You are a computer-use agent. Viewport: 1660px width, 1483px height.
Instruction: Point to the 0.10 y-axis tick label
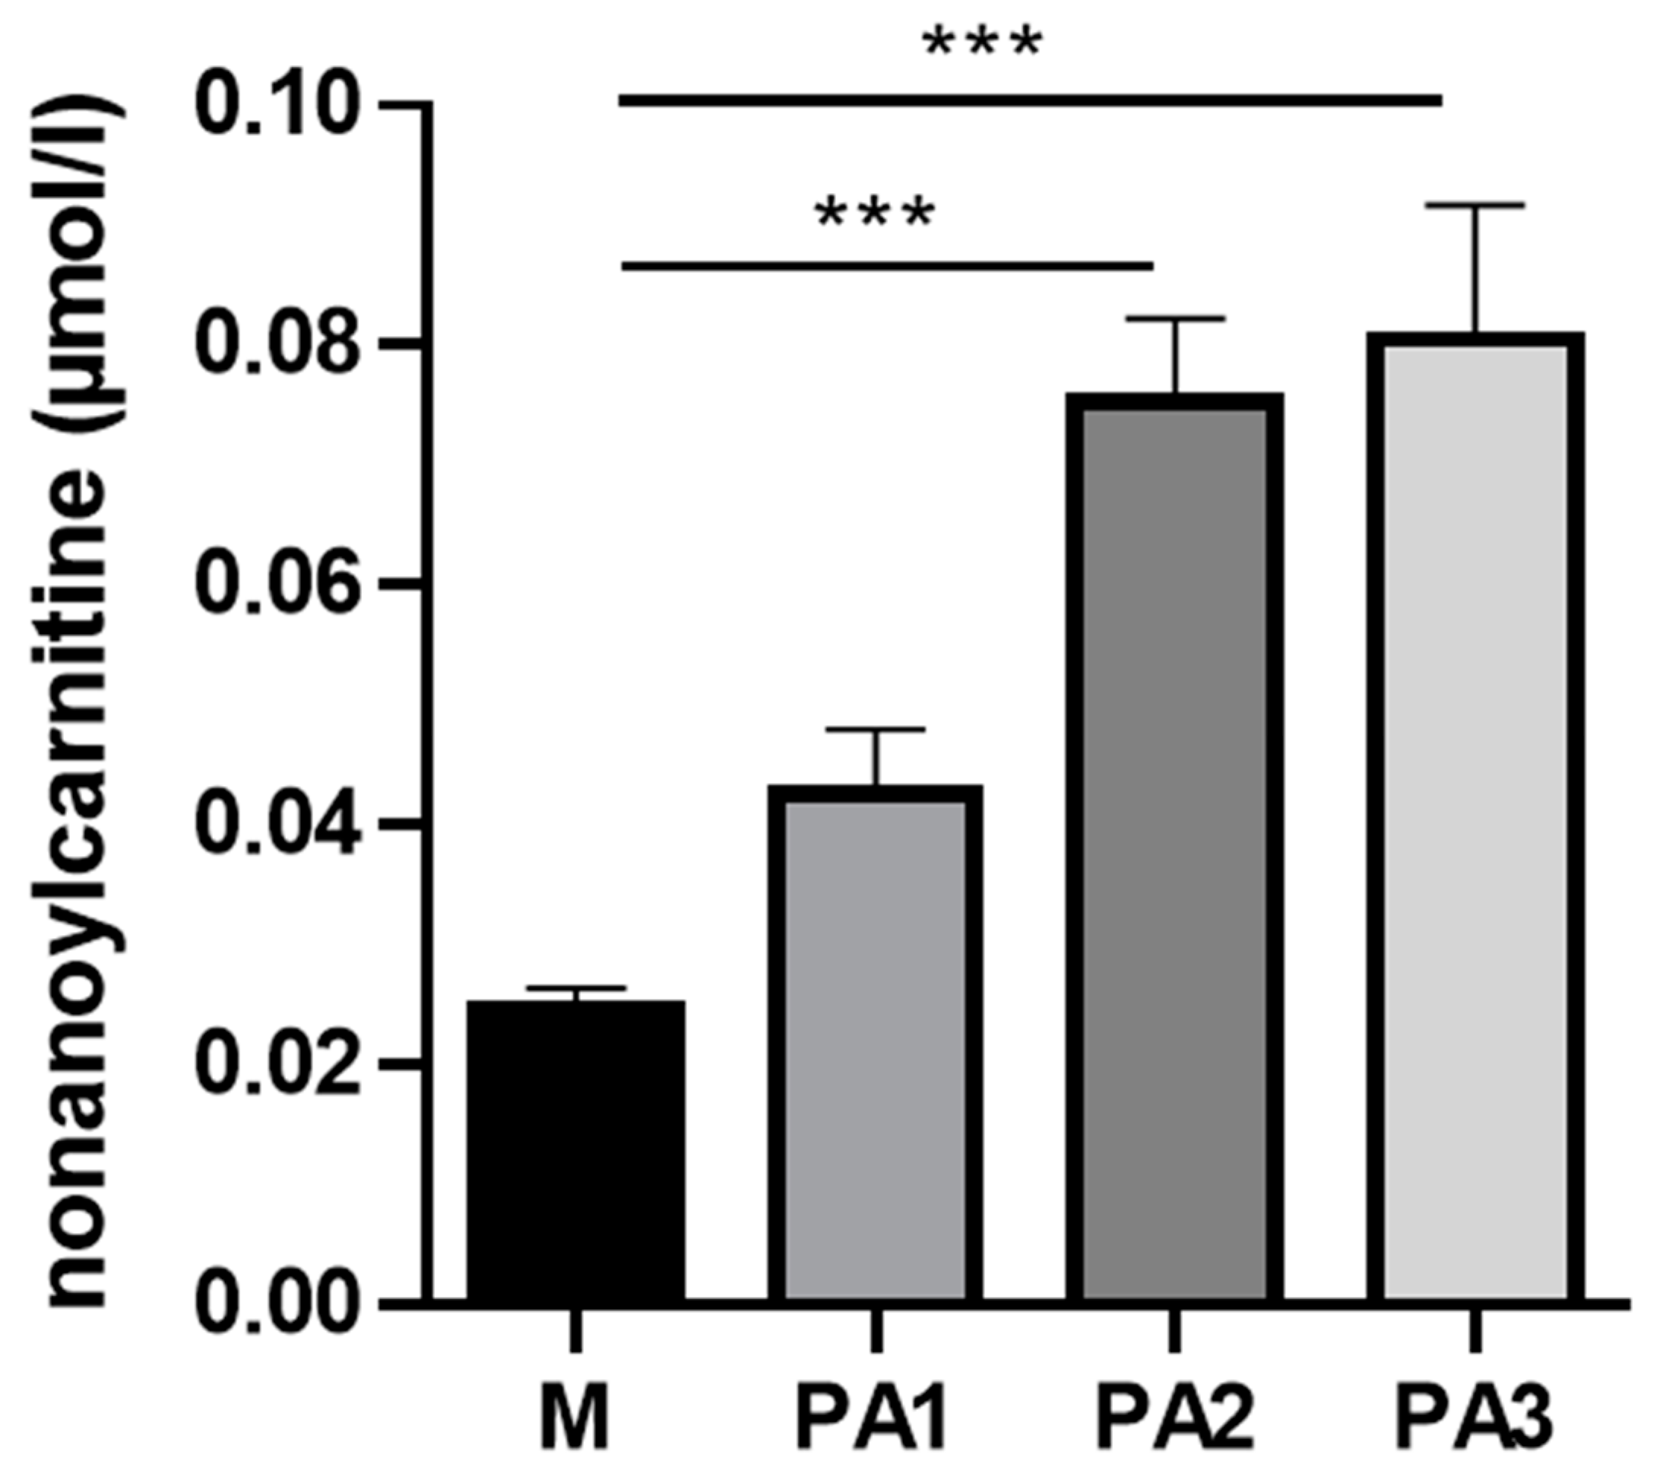[x=277, y=104]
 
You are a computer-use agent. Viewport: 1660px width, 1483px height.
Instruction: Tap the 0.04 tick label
[x=277, y=823]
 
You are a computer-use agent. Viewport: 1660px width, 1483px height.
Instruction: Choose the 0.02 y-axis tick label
[x=277, y=1063]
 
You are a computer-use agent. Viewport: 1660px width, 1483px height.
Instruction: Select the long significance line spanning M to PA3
[x=1030, y=101]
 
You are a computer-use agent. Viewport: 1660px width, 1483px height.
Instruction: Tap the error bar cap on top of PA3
[x=1475, y=205]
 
